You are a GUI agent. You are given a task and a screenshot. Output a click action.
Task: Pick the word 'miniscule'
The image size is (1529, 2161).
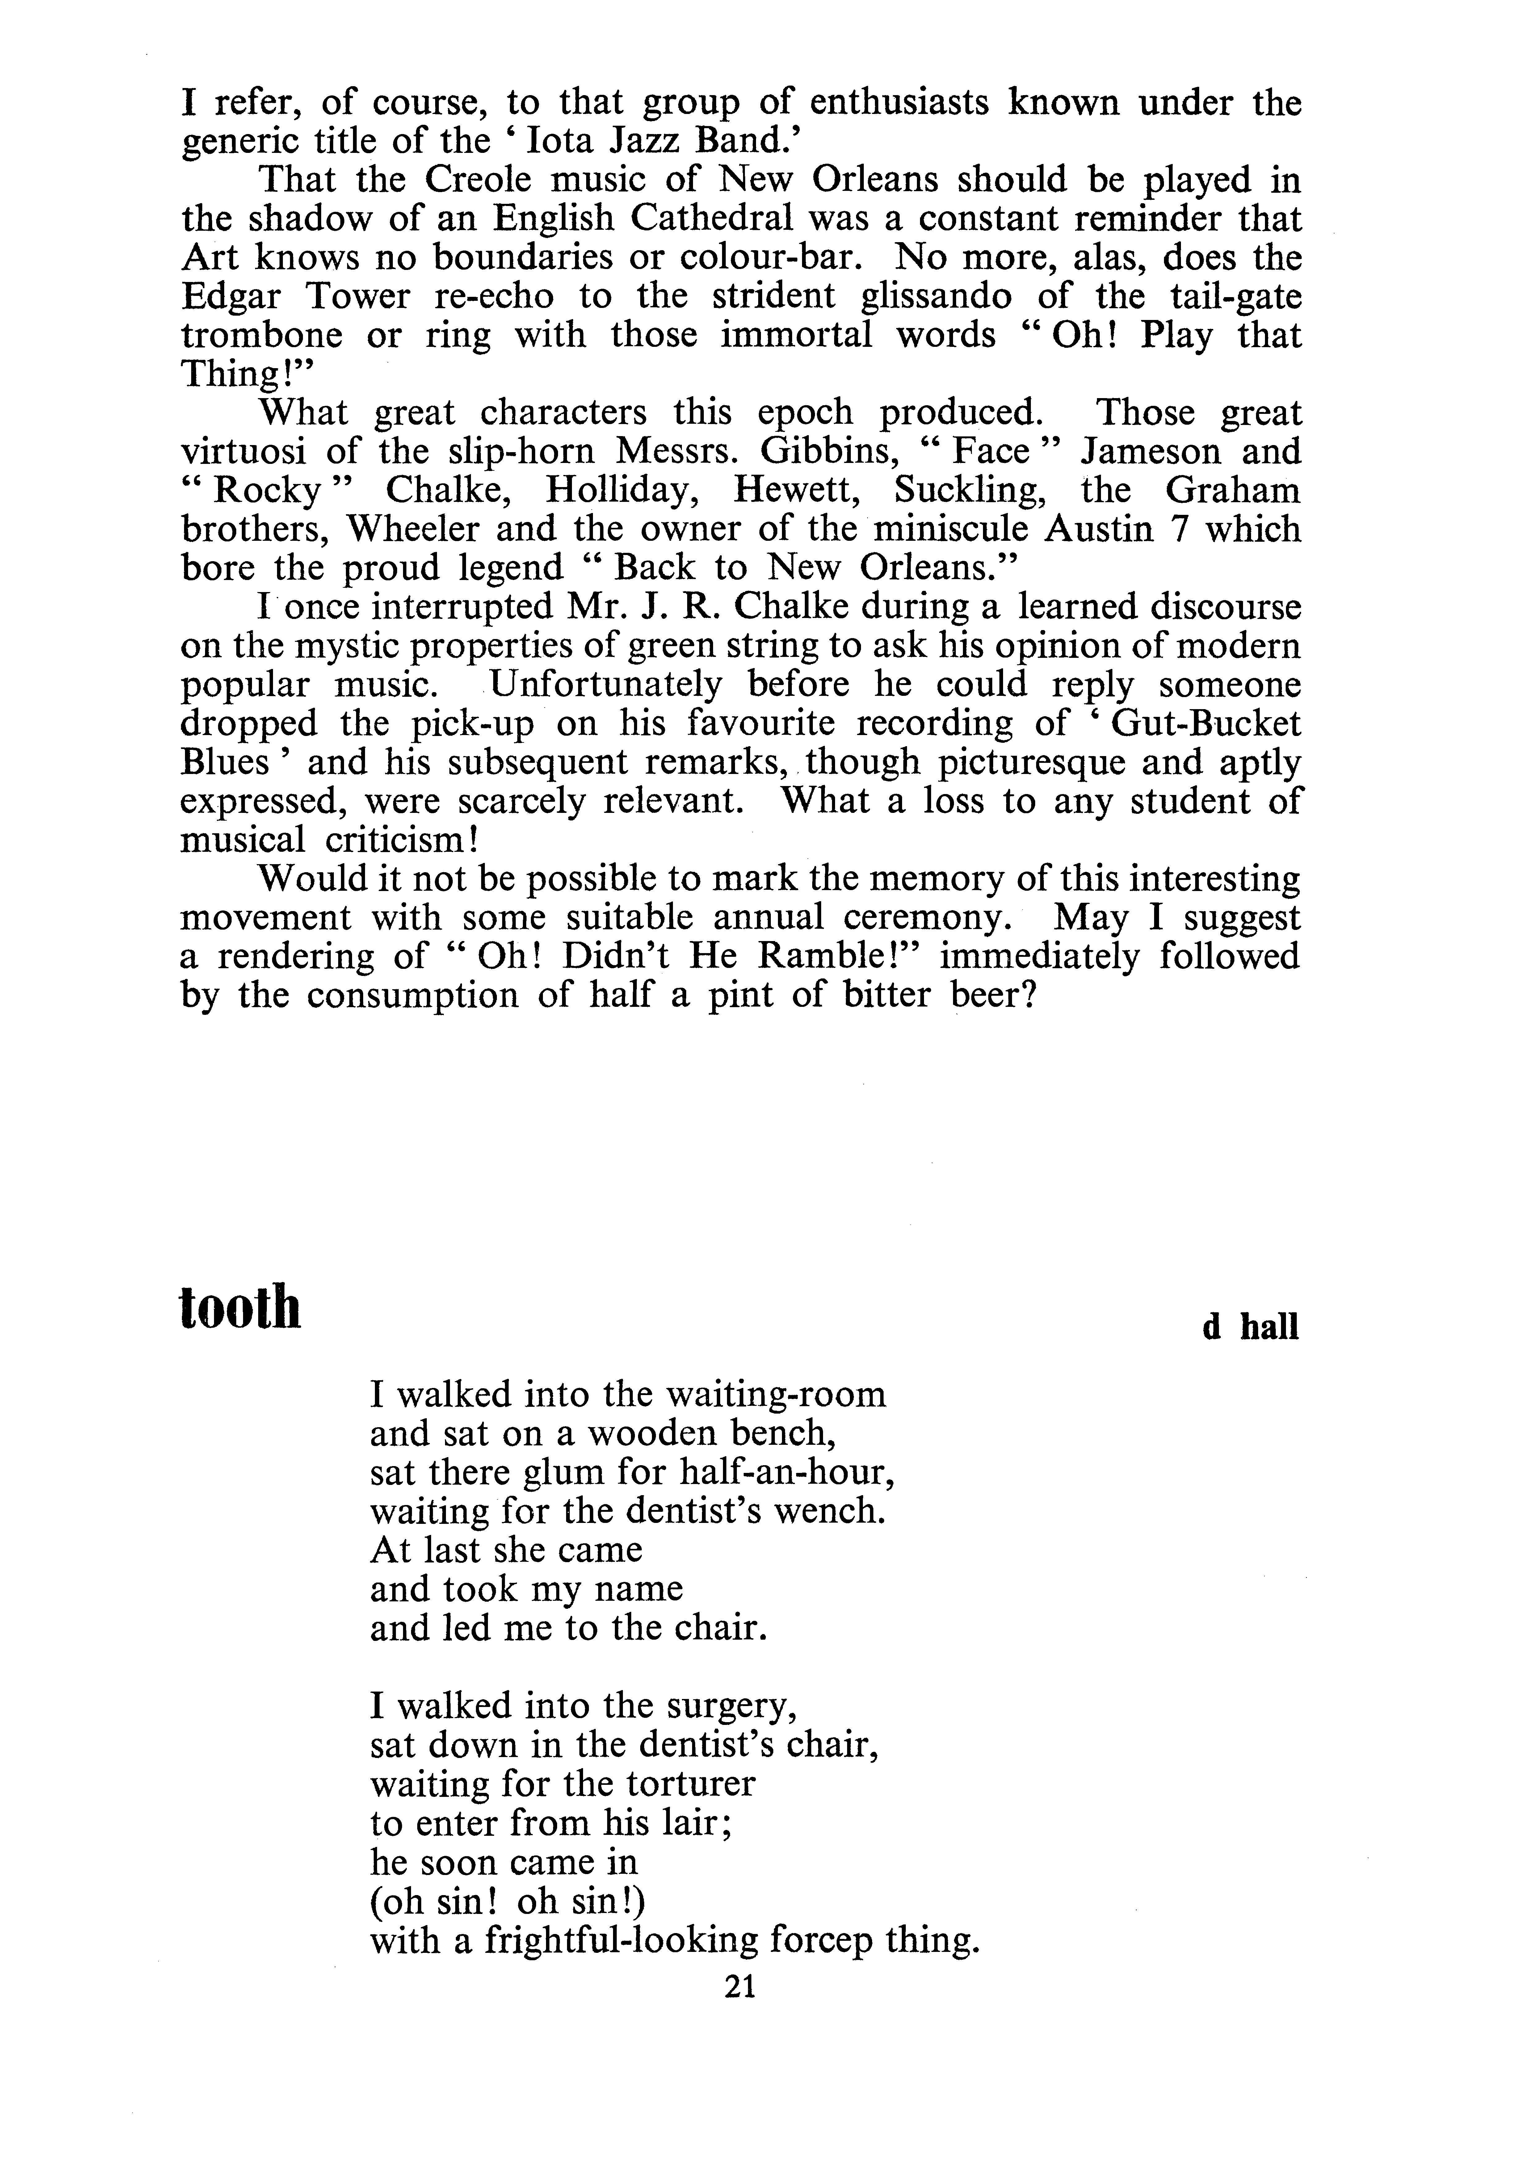pyautogui.click(x=944, y=529)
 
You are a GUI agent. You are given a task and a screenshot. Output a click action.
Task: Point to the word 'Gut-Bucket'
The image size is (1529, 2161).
pyautogui.click(x=1207, y=723)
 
